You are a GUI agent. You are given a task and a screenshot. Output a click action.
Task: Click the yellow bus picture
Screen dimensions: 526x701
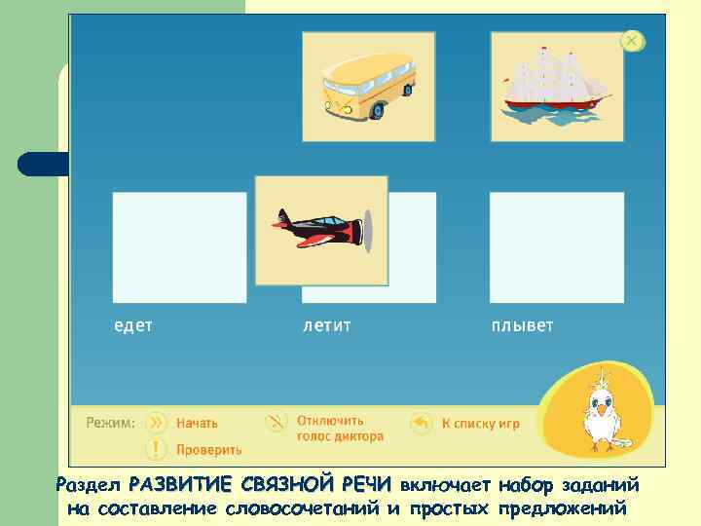(x=368, y=86)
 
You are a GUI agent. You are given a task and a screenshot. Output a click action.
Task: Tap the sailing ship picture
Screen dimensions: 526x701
(x=556, y=85)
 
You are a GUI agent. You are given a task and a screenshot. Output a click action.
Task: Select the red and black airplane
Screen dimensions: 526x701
(x=316, y=230)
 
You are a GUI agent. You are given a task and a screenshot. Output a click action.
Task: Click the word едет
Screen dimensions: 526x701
(x=133, y=325)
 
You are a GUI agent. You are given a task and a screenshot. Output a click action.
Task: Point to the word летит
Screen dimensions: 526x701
(x=326, y=325)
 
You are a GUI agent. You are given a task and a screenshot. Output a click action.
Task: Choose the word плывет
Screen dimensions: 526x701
(x=522, y=325)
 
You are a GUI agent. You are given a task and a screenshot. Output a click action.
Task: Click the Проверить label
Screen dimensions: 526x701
(x=208, y=450)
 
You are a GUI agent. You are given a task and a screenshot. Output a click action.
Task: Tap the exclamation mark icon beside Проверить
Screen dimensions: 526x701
(x=156, y=449)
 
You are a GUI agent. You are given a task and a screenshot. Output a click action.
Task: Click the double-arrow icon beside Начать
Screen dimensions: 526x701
(x=156, y=423)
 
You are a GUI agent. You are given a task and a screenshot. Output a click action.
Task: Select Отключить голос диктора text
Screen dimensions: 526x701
(x=339, y=430)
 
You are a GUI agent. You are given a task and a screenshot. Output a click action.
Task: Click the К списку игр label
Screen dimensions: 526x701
(x=480, y=424)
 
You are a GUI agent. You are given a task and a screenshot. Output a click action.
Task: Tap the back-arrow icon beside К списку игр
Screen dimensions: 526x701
(x=421, y=424)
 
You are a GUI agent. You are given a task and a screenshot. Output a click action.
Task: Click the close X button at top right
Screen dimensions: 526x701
(x=632, y=41)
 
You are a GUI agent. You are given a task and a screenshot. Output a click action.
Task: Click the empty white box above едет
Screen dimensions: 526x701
(x=179, y=247)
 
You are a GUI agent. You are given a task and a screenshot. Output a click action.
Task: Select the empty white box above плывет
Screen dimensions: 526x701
(x=556, y=247)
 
